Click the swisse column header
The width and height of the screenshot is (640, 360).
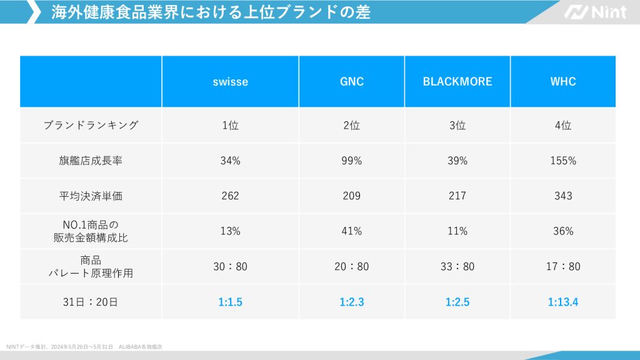[230, 82]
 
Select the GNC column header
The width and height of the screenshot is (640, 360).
[351, 82]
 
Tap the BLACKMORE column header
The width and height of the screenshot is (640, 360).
[457, 82]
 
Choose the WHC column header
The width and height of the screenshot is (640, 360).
[563, 82]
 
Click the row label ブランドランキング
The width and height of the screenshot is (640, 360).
[91, 125]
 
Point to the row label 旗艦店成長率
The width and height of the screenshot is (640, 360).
[91, 161]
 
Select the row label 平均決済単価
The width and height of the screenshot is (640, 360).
[91, 196]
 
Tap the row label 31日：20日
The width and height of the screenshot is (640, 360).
[91, 302]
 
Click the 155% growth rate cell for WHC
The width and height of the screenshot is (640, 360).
[563, 161]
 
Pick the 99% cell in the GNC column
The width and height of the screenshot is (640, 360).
[351, 161]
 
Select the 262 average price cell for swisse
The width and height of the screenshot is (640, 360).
[230, 196]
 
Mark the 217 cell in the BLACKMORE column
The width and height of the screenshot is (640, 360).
[457, 196]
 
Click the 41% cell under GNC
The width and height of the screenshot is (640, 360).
[351, 231]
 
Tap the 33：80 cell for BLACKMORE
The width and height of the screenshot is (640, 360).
[457, 267]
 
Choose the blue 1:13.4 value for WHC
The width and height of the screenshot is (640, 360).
[563, 302]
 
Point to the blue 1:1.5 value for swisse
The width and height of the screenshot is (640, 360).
[230, 302]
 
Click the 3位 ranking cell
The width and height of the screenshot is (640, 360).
[457, 125]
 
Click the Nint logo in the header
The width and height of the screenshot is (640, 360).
[594, 12]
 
